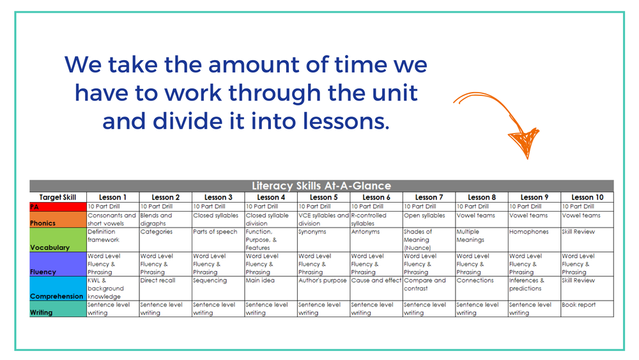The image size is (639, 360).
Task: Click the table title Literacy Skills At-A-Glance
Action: [x=321, y=186]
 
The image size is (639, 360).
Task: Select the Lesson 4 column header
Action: [x=270, y=197]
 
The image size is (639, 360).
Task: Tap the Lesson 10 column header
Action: [x=587, y=197]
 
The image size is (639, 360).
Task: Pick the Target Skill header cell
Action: [x=58, y=197]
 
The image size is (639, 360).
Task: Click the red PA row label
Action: [x=58, y=207]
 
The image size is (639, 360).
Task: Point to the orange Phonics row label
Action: [x=58, y=219]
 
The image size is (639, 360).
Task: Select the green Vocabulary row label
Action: [x=58, y=240]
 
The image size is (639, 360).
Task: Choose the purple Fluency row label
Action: [x=58, y=264]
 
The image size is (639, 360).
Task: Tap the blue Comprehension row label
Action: [x=58, y=288]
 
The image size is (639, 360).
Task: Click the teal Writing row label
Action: [x=58, y=309]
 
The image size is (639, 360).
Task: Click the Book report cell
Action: [x=587, y=305]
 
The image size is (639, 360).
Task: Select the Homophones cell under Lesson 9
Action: [x=534, y=232]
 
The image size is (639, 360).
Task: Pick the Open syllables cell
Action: [x=428, y=215]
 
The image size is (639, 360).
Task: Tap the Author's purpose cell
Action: [x=323, y=281]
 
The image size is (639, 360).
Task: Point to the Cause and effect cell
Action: [x=376, y=281]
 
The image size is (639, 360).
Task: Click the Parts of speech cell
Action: [x=218, y=232]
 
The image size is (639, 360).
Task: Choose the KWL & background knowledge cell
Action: [x=112, y=288]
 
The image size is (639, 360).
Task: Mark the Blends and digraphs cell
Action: [x=165, y=219]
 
